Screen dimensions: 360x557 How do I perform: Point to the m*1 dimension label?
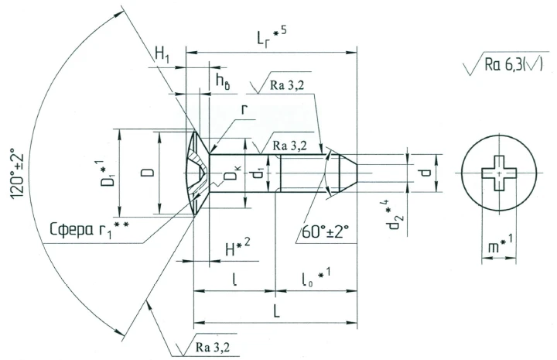(498, 246)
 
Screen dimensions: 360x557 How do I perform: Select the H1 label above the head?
(162, 53)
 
